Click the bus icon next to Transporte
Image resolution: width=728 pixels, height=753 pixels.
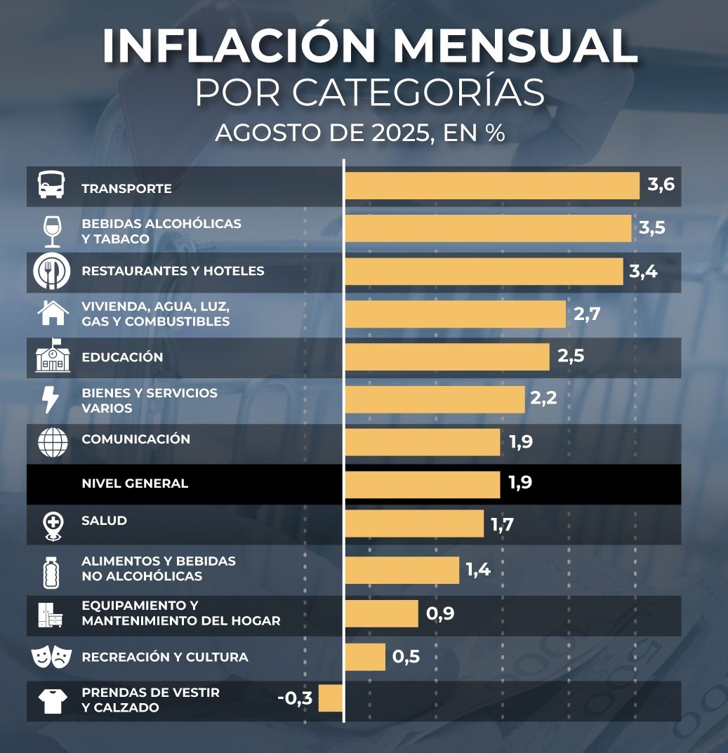click(51, 186)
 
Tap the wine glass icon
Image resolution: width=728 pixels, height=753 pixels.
click(53, 231)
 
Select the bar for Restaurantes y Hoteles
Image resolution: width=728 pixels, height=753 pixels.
click(484, 272)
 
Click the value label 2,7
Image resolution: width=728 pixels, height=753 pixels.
click(587, 314)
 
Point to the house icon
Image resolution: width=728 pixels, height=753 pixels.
click(53, 313)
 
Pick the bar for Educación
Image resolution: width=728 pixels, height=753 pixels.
click(447, 356)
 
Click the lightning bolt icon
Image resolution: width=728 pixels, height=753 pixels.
click(51, 399)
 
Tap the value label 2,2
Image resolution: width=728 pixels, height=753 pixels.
click(543, 399)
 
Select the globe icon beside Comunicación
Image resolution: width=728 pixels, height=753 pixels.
click(53, 441)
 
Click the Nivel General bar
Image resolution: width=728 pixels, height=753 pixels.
click(423, 484)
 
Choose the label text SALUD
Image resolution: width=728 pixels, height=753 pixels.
click(104, 521)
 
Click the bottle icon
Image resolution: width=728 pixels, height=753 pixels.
click(51, 571)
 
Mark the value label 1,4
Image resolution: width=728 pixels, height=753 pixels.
click(477, 570)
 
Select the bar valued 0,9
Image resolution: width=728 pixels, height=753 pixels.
click(382, 614)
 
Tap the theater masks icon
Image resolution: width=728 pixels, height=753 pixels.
click(51, 657)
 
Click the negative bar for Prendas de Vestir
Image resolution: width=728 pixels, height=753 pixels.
click(331, 698)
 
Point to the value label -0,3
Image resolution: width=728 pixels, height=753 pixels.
click(295, 698)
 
